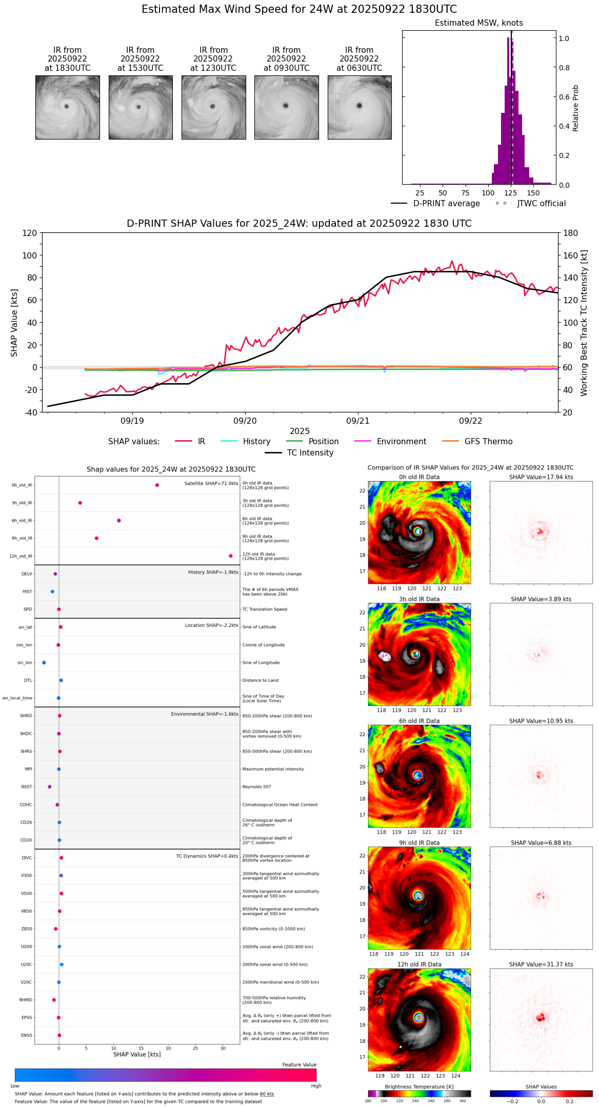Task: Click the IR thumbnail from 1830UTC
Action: pyautogui.click(x=67, y=107)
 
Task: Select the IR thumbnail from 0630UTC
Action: pyautogui.click(x=360, y=107)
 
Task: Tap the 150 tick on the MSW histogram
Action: pyautogui.click(x=533, y=193)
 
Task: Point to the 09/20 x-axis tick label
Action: pyautogui.click(x=245, y=421)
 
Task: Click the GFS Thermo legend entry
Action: pyautogui.click(x=488, y=442)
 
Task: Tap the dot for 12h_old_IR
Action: pyautogui.click(x=231, y=556)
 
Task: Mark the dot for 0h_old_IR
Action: pyautogui.click(x=157, y=485)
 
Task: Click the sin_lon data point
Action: pyautogui.click(x=44, y=663)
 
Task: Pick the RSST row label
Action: pyautogui.click(x=27, y=787)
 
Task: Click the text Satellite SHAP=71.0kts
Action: pyautogui.click(x=211, y=484)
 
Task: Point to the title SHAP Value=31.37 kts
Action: pyautogui.click(x=541, y=964)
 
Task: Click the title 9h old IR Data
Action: pyautogui.click(x=419, y=843)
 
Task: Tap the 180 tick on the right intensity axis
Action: pyautogui.click(x=570, y=233)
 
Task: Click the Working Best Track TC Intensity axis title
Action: pyautogui.click(x=584, y=323)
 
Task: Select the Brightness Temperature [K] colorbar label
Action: pyautogui.click(x=419, y=1086)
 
